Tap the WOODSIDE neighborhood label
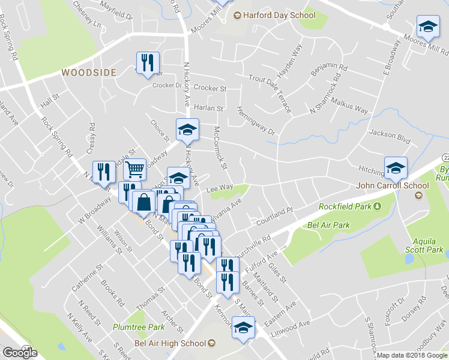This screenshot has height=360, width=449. click(x=88, y=72)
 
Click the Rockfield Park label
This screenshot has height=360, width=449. click(x=348, y=207)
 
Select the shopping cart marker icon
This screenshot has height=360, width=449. click(x=136, y=170)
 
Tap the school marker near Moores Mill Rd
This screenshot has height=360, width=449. click(x=427, y=26)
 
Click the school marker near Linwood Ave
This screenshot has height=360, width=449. click(x=243, y=329)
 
